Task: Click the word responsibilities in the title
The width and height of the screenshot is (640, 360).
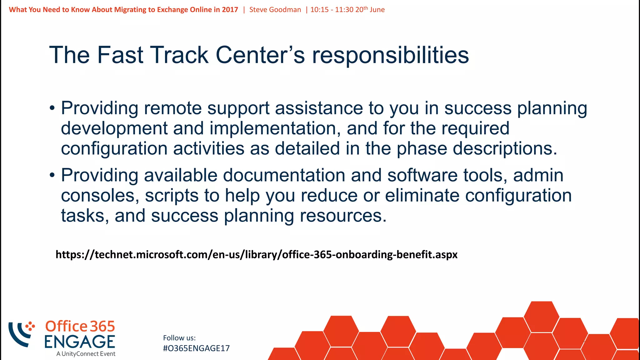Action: point(390,55)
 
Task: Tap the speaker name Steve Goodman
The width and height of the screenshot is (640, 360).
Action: point(275,10)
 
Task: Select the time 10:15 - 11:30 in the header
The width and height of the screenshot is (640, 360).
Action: point(332,10)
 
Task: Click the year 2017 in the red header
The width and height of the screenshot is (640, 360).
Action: point(230,10)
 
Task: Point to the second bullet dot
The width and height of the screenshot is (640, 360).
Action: point(52,176)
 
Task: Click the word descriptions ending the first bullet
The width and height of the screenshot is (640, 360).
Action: point(504,148)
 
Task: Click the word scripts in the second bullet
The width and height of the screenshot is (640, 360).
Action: point(172,196)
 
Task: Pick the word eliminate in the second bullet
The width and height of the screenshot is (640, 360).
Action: point(422,196)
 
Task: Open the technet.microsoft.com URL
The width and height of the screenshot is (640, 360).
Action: point(256,255)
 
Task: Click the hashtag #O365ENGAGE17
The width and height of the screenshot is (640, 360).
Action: point(196,348)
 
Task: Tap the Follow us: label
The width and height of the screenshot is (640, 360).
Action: point(179,338)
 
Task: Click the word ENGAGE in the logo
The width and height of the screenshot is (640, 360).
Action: point(80,342)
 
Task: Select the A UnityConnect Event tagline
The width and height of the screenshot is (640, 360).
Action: point(86,354)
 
